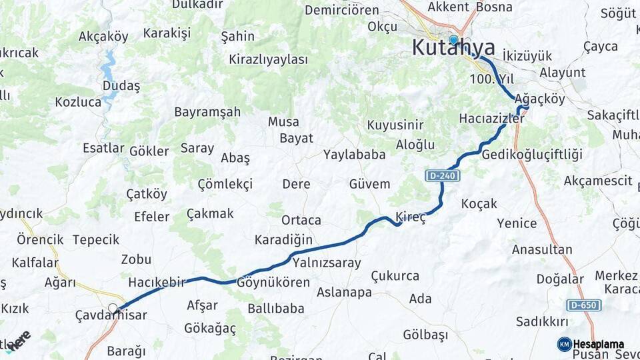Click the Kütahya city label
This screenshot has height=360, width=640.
(453, 48)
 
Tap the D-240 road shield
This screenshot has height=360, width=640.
(439, 175)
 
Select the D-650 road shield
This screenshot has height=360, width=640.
(584, 305)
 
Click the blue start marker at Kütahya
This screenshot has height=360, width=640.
(453, 40)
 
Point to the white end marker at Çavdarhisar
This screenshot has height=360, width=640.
(113, 309)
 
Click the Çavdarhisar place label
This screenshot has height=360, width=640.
(111, 316)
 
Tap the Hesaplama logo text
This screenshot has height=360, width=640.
(599, 345)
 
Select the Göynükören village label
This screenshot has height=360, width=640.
(273, 283)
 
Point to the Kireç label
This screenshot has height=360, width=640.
(411, 217)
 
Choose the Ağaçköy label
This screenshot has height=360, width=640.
(540, 99)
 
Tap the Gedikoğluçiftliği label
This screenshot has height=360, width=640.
(531, 155)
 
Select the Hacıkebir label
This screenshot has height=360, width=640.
(156, 283)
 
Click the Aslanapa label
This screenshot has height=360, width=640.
(344, 292)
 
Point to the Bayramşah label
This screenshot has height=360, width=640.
(207, 112)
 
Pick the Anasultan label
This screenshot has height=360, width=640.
(542, 250)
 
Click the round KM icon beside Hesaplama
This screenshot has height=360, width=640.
(564, 344)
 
